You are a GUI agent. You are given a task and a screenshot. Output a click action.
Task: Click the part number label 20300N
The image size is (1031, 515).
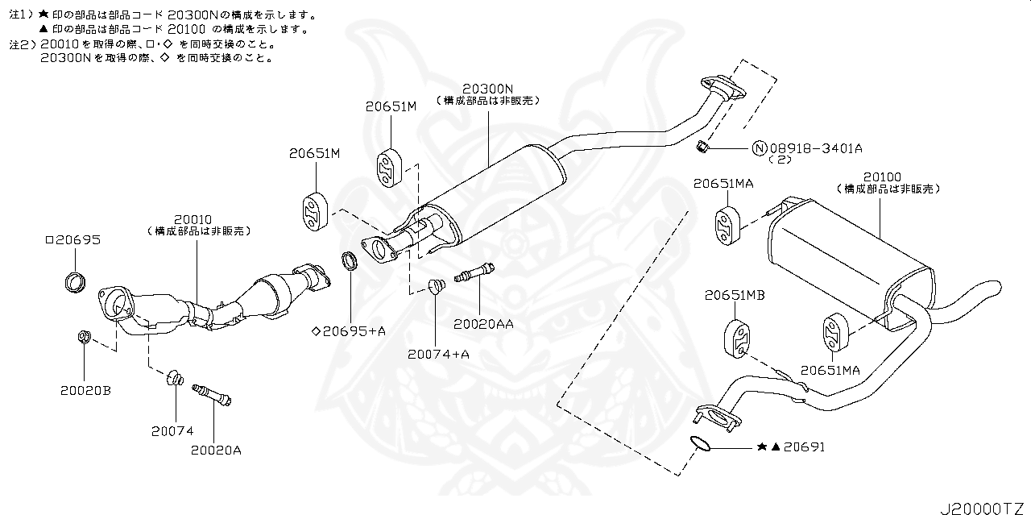488,88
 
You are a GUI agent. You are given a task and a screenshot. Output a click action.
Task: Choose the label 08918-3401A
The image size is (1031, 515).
816,147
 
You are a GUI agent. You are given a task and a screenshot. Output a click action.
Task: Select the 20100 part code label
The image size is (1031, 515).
882,177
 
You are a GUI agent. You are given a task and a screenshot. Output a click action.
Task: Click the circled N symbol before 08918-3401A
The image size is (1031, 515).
760,147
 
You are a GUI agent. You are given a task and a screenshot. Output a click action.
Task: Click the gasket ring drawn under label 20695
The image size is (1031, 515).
75,282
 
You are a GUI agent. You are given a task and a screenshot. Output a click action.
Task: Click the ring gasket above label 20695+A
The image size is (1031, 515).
350,260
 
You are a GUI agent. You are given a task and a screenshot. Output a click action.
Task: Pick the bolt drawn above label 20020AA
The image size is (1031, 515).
475,274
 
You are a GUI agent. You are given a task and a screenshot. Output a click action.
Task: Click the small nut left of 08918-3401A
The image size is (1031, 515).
702,146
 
